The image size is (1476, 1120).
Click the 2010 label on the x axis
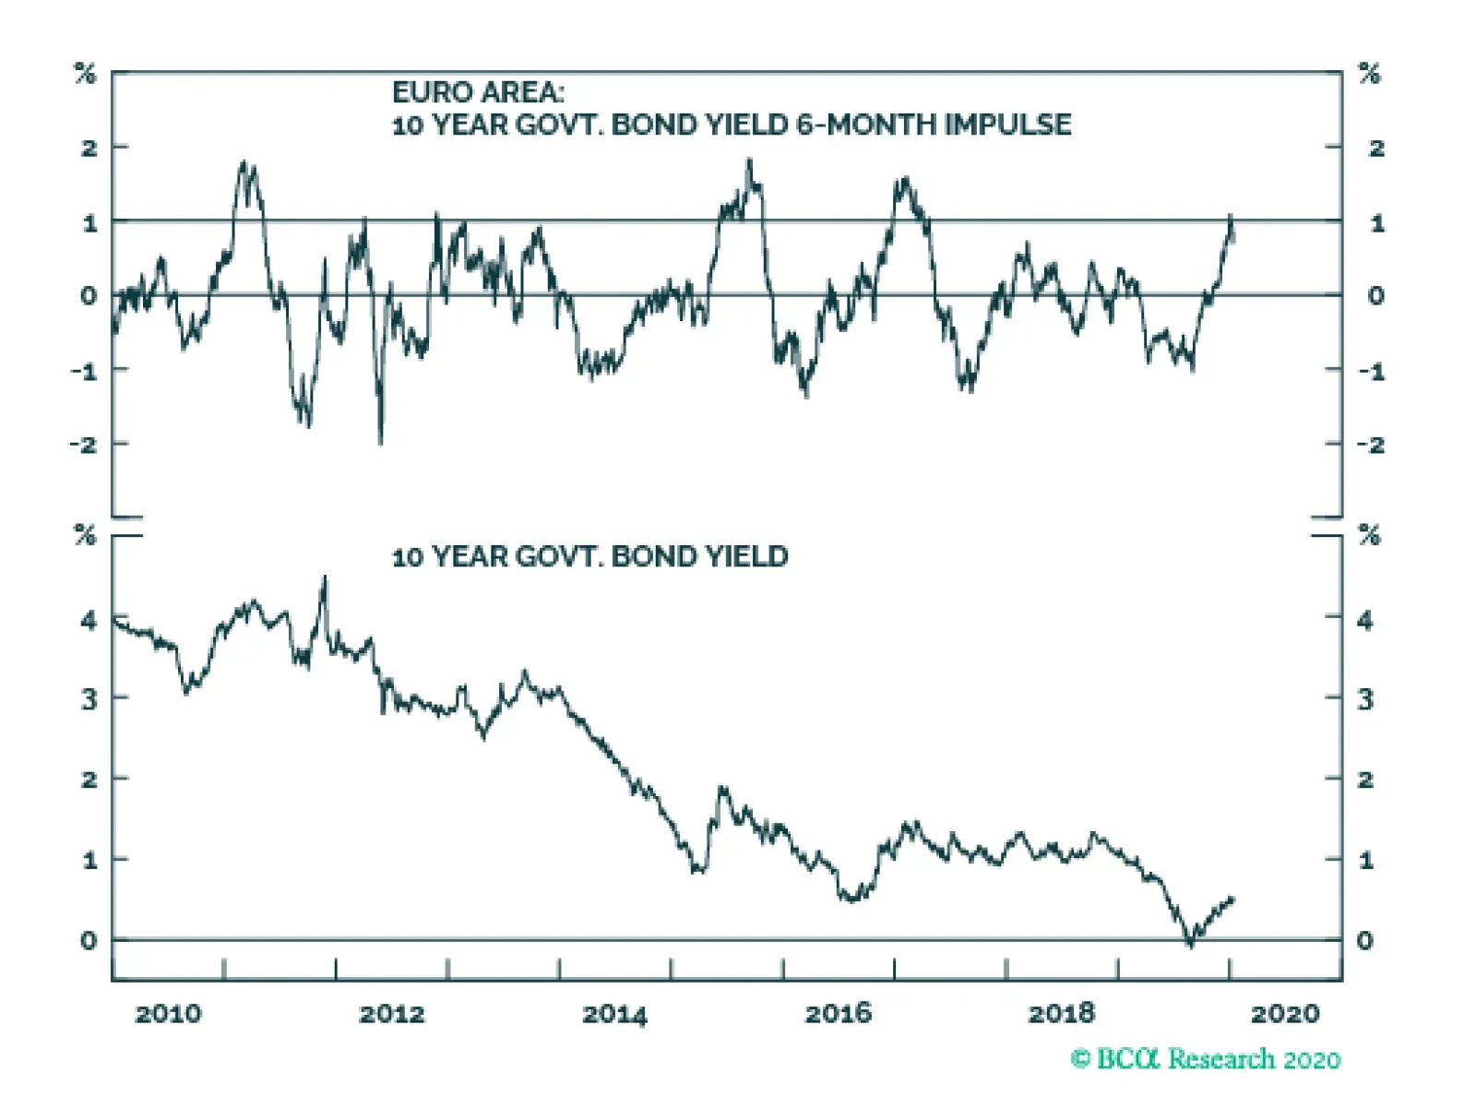click(168, 1014)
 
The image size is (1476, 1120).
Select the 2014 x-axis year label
click(614, 1014)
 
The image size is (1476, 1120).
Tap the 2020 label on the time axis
click(1285, 1014)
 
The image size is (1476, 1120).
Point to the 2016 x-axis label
click(838, 1014)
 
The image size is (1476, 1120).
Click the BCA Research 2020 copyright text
click(1206, 1058)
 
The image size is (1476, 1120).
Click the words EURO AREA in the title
click(477, 92)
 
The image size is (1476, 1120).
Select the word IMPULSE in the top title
click(1007, 125)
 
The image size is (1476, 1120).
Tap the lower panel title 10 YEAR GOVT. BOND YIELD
click(590, 556)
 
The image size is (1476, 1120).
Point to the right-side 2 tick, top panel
click(1376, 148)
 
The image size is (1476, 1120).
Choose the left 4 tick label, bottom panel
click(89, 620)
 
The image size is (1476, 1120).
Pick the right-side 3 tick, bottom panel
click(1365, 699)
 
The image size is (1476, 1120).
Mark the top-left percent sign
click(85, 74)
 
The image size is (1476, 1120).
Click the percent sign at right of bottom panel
click(1370, 535)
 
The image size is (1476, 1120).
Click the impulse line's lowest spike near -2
click(380, 441)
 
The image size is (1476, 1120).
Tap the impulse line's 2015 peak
click(749, 161)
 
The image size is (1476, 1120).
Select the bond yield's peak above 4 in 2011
click(324, 578)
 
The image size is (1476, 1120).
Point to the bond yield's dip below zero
click(1190, 945)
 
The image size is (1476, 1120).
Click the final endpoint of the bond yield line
click(1232, 899)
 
